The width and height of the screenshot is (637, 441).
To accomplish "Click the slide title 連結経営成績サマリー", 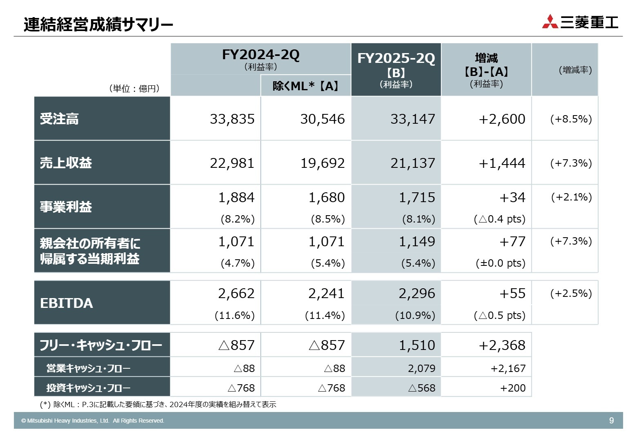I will (x=98, y=24).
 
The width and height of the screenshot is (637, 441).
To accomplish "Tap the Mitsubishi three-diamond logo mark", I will (x=550, y=22).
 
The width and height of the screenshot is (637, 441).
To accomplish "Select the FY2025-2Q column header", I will (x=396, y=58).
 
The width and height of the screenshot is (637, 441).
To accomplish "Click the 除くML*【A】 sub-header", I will (x=305, y=86).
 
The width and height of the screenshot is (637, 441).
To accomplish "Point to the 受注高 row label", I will (x=59, y=119).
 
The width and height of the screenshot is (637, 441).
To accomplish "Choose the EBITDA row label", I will (x=67, y=303).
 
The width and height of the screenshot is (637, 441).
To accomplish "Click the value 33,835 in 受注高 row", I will (x=232, y=119).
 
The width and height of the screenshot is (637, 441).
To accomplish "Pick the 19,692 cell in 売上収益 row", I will (x=323, y=163).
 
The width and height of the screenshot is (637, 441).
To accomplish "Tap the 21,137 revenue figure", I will (x=412, y=163).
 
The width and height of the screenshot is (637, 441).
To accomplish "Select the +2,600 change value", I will (x=502, y=119).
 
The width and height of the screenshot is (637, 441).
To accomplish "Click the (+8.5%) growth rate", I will (x=571, y=119).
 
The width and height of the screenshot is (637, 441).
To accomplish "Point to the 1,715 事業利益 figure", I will (x=416, y=198).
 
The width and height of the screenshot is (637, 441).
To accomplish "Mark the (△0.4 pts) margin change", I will (x=499, y=219).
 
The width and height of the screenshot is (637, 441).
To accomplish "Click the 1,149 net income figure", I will (x=416, y=242).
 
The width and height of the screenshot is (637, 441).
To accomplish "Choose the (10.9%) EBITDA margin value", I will (x=415, y=316).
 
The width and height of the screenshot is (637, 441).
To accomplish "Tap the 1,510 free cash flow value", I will (x=416, y=345).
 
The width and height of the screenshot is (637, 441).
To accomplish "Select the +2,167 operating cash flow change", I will (x=508, y=369).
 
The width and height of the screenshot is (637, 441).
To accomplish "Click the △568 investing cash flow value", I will (x=421, y=388).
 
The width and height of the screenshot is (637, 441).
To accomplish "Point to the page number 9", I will (x=611, y=421).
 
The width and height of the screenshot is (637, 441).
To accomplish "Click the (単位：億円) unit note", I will (x=134, y=89).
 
